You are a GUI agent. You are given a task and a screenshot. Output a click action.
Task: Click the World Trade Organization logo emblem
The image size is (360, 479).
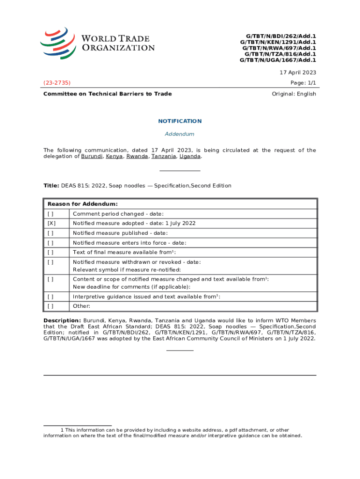tap(58, 43)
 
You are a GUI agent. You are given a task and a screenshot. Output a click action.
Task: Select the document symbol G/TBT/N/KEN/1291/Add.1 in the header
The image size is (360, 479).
tap(278, 42)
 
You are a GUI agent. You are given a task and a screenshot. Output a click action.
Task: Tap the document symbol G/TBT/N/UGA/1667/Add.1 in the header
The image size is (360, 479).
tap(278, 60)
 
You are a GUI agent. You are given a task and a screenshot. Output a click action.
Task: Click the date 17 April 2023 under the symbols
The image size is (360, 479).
tap(298, 73)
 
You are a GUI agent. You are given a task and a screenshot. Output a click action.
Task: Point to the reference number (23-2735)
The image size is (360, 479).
tap(57, 83)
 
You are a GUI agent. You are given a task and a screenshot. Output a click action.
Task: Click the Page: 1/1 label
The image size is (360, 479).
tap(303, 83)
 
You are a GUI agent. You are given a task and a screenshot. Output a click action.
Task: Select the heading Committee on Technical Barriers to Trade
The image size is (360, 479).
tap(108, 94)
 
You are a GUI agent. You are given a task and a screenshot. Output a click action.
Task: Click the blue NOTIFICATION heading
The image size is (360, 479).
tap(180, 121)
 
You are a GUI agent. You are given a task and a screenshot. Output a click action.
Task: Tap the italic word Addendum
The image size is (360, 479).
tap(180, 134)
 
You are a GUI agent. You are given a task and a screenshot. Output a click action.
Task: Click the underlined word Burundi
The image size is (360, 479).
tap(92, 157)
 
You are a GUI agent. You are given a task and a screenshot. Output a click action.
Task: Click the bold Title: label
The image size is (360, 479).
tap(51, 186)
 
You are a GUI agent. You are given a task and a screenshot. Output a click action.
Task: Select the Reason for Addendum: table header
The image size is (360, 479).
tap(82, 204)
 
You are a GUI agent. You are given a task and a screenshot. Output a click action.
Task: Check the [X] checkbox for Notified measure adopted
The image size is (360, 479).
tap(51, 224)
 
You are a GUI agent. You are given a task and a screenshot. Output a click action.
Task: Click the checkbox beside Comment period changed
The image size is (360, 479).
tap(50, 214)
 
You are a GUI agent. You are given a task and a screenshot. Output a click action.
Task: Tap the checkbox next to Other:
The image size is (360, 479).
tap(50, 306)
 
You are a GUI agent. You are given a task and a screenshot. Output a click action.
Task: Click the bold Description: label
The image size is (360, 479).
tap(62, 320)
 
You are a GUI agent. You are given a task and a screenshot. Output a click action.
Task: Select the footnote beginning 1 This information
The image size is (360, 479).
tap(173, 433)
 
